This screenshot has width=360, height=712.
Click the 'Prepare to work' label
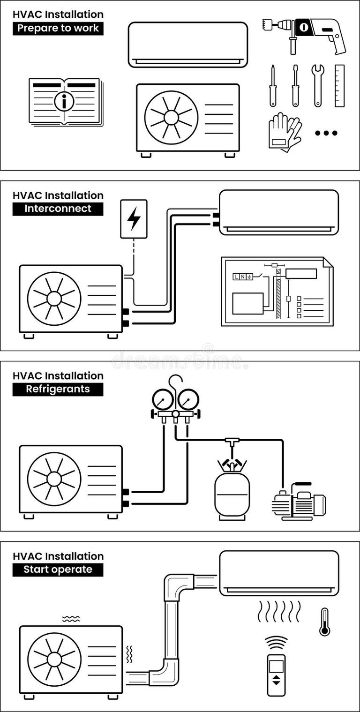pyautogui.click(x=58, y=28)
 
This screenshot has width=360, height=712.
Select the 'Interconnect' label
pyautogui.click(x=58, y=209)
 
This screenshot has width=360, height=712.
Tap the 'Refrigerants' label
pyautogui.click(x=58, y=389)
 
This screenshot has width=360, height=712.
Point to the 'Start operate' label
pyautogui.click(x=58, y=570)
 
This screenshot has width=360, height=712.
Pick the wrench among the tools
pyautogui.click(x=318, y=84)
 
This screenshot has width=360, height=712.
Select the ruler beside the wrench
pyautogui.click(x=339, y=85)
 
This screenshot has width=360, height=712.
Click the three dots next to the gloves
pyautogui.click(x=326, y=133)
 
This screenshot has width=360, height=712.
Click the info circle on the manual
pyautogui.click(x=64, y=101)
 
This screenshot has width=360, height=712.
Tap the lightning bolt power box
pyautogui.click(x=134, y=219)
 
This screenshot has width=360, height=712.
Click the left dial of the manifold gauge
pyautogui.click(x=163, y=399)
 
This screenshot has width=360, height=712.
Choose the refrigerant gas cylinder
pyautogui.click(x=232, y=492)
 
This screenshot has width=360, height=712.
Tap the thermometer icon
pyautogui.click(x=324, y=622)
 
